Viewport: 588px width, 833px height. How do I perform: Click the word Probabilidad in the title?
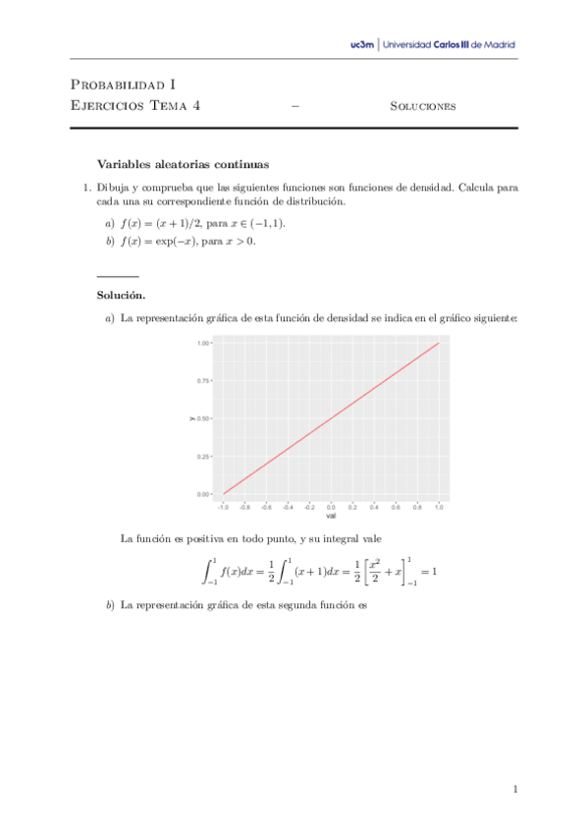point(120,85)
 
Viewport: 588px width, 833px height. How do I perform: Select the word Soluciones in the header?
point(422,106)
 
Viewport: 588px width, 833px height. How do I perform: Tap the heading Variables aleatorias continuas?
point(183,164)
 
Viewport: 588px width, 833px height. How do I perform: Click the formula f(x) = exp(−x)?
point(155,242)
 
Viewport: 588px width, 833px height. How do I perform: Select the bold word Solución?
point(121,295)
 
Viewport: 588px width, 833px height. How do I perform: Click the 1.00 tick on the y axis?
point(204,344)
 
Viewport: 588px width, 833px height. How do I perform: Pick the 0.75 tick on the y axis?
point(204,381)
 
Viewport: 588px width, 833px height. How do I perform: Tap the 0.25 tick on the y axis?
point(204,457)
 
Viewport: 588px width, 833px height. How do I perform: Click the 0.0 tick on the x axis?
point(331,507)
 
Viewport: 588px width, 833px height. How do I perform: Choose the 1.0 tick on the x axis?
point(439,507)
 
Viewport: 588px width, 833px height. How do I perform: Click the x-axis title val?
point(331,516)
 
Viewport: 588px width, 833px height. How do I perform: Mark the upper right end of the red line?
point(438,344)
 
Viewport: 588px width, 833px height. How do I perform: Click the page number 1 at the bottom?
point(514,789)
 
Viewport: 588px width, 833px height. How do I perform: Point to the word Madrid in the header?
point(497,44)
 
